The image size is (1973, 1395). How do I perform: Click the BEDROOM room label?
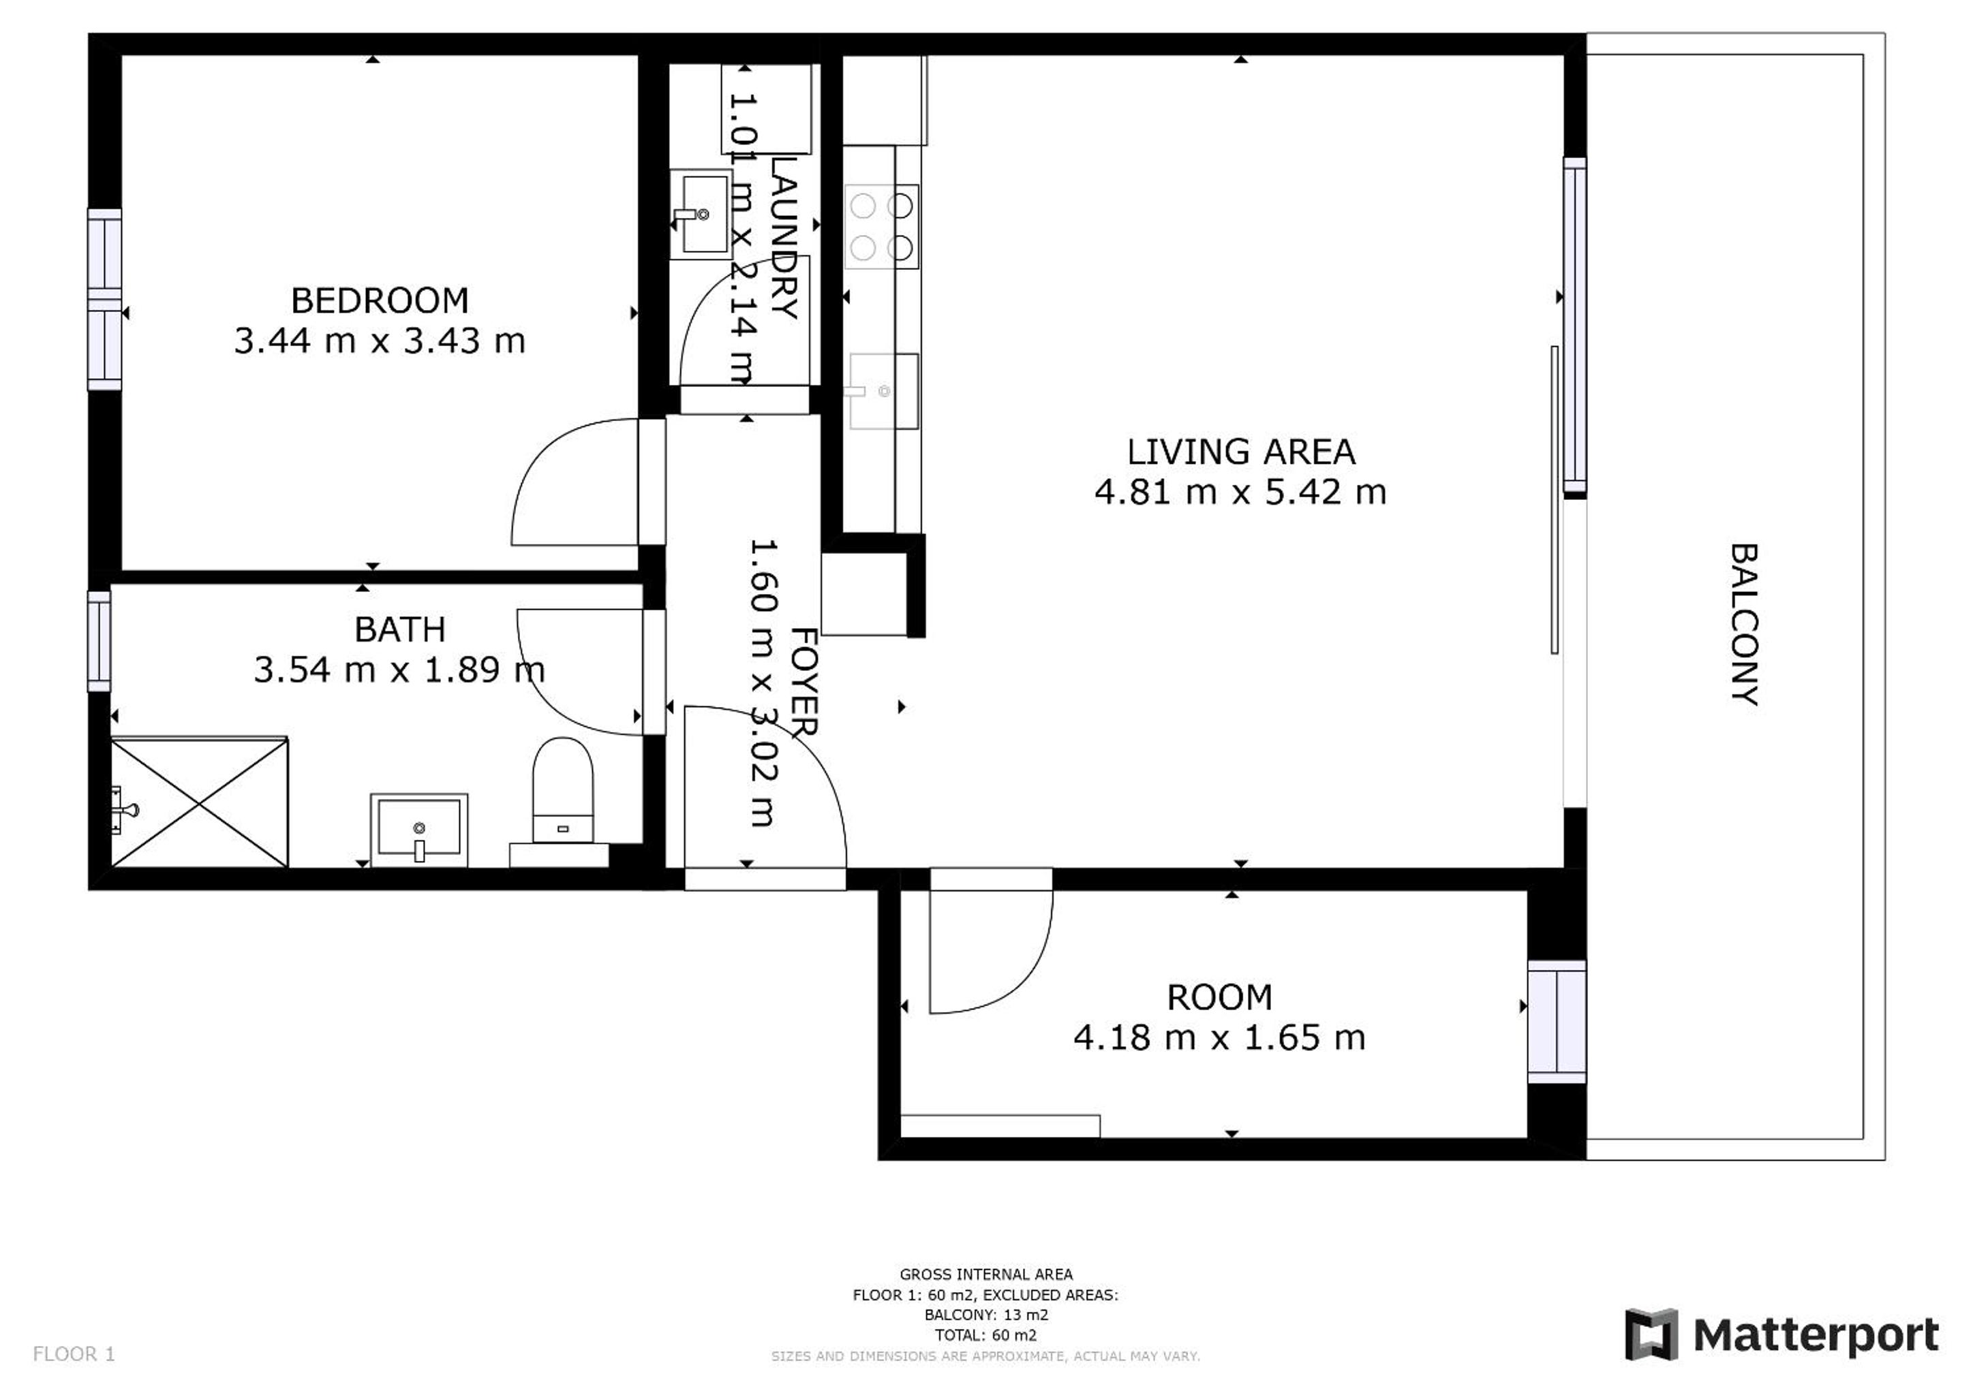click(380, 300)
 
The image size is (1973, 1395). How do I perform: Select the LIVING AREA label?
click(1241, 452)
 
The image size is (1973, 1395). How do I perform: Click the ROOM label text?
click(1219, 997)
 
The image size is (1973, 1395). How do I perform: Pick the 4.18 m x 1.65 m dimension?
click(1219, 1037)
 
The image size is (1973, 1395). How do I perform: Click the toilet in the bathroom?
click(563, 790)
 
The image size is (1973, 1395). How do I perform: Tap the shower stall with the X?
click(200, 802)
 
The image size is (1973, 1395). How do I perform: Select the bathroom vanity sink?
click(419, 830)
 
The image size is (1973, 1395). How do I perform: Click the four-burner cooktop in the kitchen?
click(882, 227)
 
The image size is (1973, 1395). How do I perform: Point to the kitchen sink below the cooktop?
click(883, 391)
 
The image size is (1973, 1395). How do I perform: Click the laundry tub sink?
click(701, 214)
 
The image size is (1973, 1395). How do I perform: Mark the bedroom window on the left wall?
click(105, 299)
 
